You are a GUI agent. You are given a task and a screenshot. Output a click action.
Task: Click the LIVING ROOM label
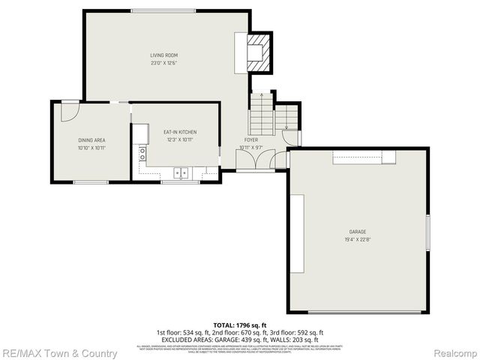click(x=164, y=55)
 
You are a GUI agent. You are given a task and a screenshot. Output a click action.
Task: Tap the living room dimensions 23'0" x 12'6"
click(x=164, y=63)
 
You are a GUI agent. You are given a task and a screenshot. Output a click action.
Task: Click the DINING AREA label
click(x=91, y=140)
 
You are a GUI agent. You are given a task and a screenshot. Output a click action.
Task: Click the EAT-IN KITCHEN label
click(x=180, y=132)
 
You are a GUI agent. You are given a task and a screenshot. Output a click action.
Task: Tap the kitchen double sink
click(x=181, y=173)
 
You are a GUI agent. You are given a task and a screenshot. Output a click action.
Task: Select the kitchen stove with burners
click(x=141, y=154)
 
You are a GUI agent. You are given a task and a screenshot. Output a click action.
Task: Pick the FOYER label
click(x=250, y=139)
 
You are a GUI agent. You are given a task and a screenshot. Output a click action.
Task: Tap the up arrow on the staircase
click(x=261, y=96)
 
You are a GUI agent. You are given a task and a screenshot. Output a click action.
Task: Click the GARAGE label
click(x=357, y=232)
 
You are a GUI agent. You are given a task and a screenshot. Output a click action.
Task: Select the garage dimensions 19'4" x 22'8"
click(x=357, y=240)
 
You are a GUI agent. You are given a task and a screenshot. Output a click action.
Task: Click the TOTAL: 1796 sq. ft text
click(x=239, y=325)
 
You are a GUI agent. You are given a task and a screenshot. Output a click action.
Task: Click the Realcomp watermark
click(x=454, y=353)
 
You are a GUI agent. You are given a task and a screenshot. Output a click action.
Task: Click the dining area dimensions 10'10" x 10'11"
click(x=91, y=148)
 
